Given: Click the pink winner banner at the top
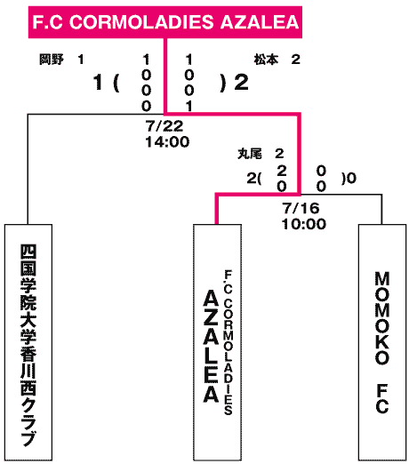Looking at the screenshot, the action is (x=165, y=22).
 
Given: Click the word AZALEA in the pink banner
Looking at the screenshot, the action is (x=260, y=22).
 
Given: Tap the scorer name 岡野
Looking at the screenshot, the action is (x=52, y=60).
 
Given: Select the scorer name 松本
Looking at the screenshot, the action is (x=266, y=60).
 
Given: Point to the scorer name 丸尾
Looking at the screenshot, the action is (x=250, y=154).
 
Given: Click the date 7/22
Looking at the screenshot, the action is (x=164, y=126).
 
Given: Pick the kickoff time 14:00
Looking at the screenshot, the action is (x=167, y=142).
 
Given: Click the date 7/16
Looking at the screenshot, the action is (x=301, y=208).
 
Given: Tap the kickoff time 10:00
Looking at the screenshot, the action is (x=304, y=224).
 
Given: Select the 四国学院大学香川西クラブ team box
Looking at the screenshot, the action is (x=28, y=342).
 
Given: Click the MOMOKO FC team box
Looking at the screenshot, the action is (x=382, y=342).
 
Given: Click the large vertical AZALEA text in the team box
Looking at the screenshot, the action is (x=211, y=346).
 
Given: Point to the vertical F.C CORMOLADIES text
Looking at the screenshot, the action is (x=229, y=342).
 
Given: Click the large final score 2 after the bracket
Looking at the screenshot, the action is (x=241, y=83).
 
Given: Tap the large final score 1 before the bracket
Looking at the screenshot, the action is (x=98, y=82).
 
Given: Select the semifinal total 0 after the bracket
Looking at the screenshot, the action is (x=351, y=179).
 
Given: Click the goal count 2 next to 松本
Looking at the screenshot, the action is (x=295, y=60).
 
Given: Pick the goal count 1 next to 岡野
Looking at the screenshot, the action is (x=81, y=60).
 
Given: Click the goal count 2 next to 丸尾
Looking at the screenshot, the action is (x=279, y=154).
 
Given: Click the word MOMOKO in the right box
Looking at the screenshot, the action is (x=382, y=318).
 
